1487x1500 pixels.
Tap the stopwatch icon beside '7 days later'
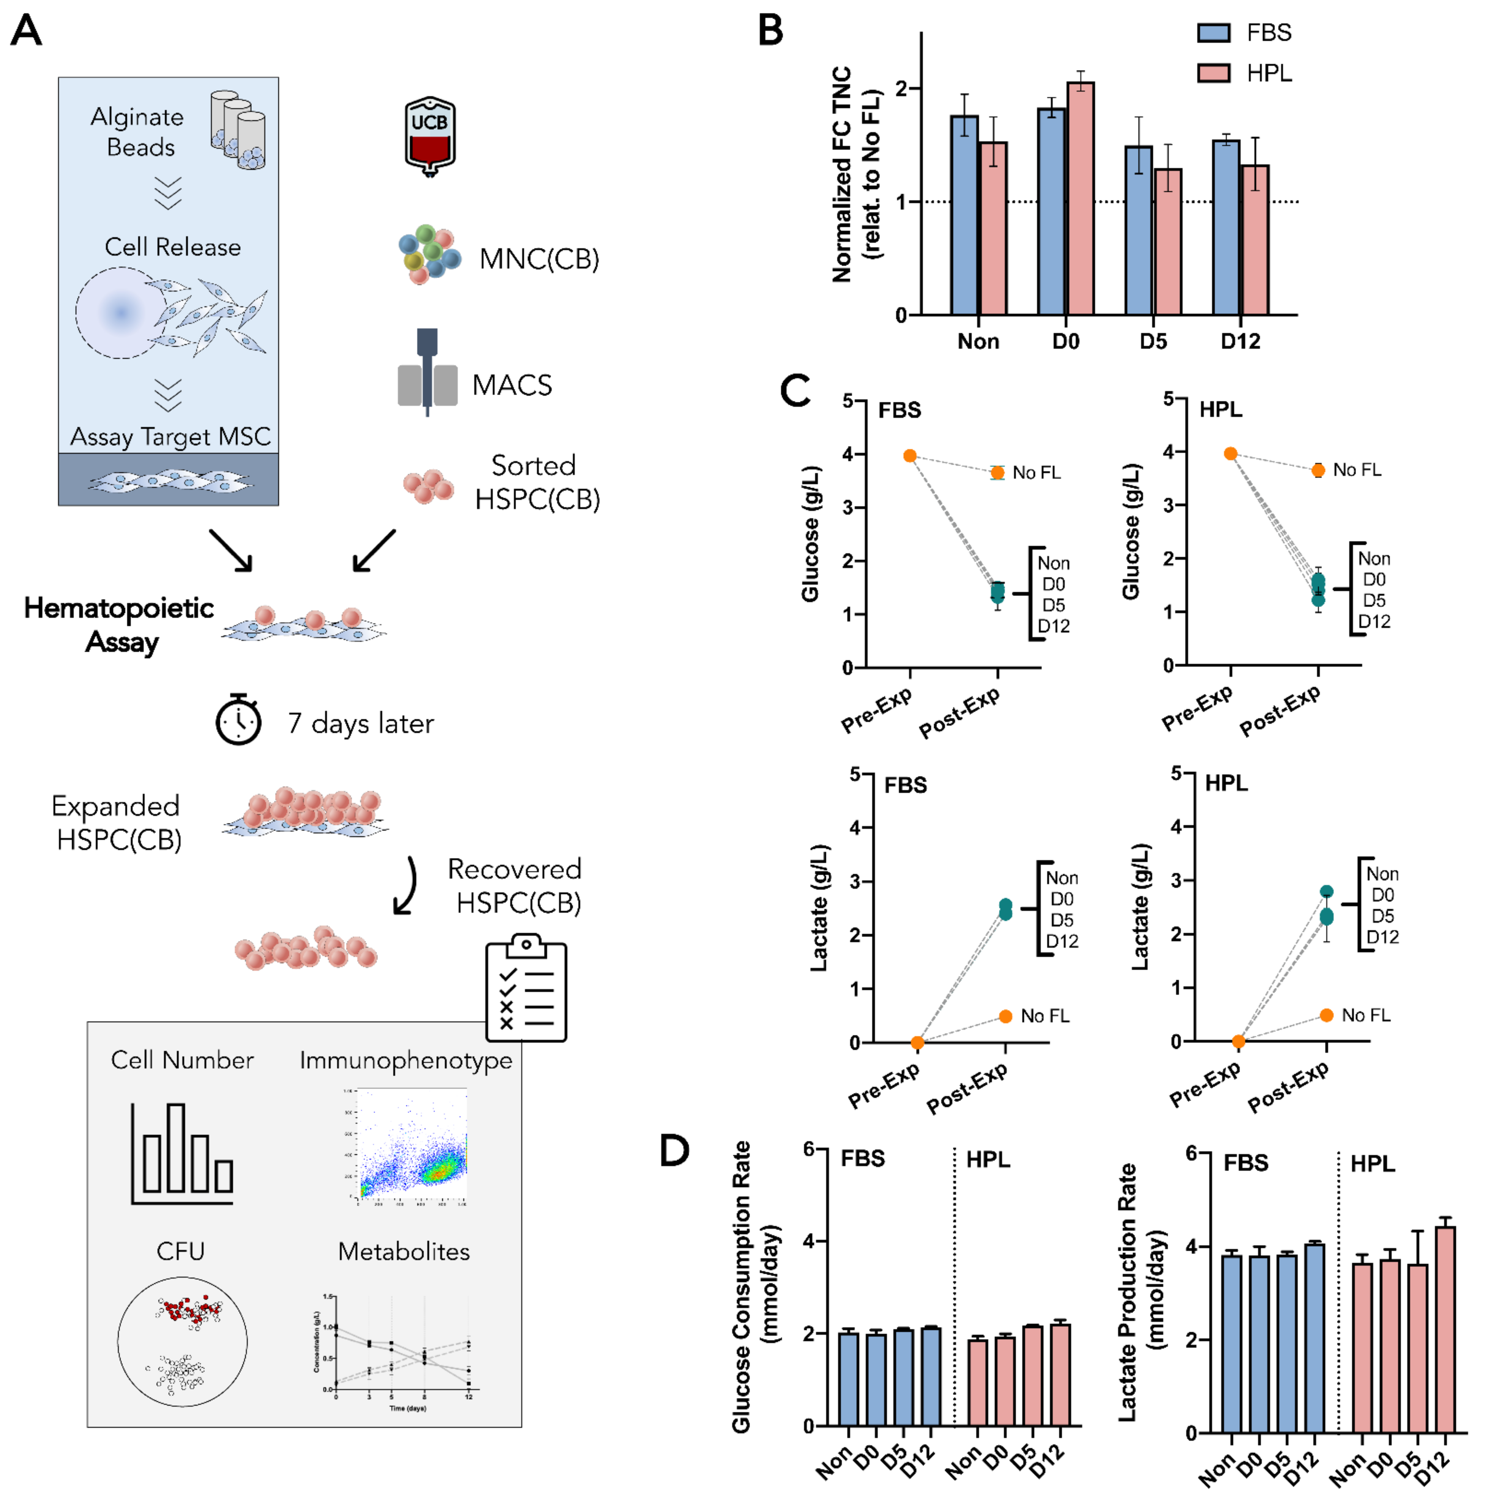[x=238, y=721]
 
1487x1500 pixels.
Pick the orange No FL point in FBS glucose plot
[x=997, y=472]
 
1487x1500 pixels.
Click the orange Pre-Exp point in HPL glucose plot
[x=1230, y=454]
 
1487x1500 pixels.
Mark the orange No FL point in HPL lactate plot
[x=1326, y=1015]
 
